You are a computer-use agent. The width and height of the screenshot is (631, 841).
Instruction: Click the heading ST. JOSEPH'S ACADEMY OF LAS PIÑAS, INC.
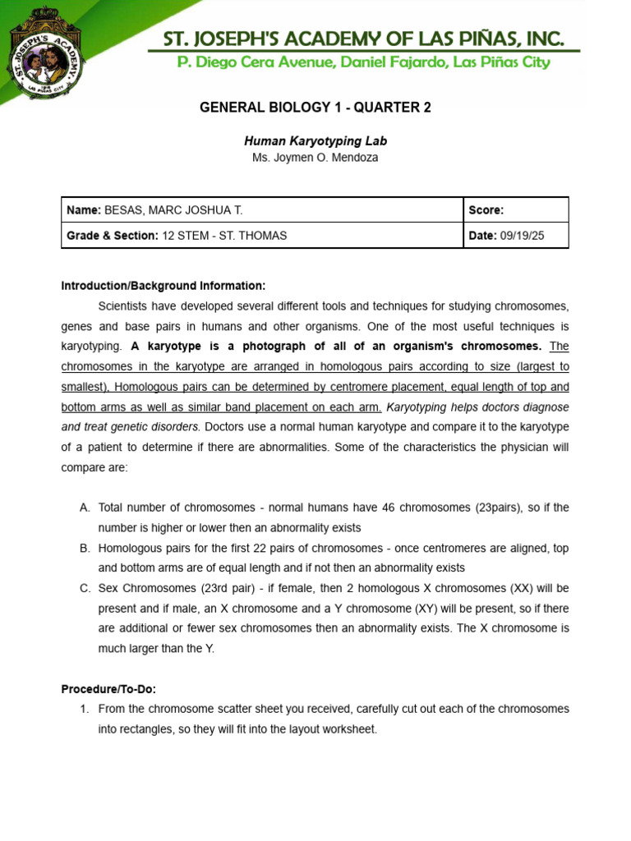click(363, 38)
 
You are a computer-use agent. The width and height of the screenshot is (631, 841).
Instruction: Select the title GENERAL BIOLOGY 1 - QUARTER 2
click(315, 108)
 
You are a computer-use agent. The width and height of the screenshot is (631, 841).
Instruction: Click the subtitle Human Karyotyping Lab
click(315, 141)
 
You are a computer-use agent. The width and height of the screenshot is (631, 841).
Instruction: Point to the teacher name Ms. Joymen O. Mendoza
click(315, 157)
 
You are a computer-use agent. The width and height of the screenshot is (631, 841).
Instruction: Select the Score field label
click(486, 210)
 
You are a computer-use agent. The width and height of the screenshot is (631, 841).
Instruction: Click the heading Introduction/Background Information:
click(164, 286)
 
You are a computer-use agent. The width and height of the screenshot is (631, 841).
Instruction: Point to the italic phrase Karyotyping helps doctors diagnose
click(477, 407)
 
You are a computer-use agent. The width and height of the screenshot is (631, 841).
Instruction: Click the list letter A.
click(85, 508)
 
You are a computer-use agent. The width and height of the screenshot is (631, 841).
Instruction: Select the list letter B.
click(85, 548)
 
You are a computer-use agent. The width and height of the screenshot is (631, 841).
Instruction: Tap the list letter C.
click(85, 588)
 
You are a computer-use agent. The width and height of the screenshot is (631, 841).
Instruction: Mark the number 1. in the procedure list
click(85, 709)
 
